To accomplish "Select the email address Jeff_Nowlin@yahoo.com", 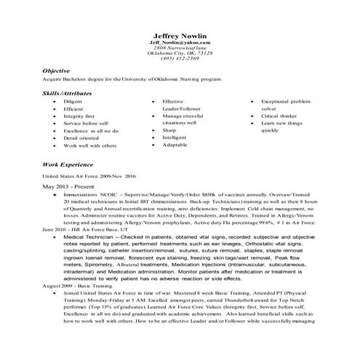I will point(179,44).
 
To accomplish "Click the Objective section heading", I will point(56,70).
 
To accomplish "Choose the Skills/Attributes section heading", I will point(67,94).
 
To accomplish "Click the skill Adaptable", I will point(175,145).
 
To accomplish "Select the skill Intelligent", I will point(175,137).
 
